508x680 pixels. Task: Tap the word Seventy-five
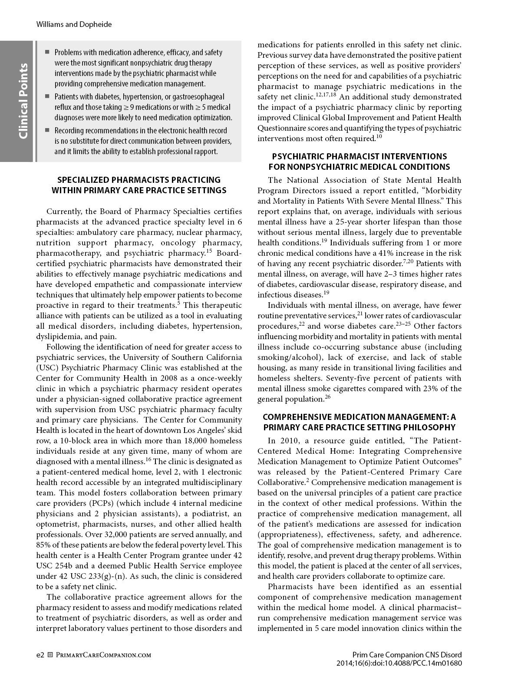tap(351, 378)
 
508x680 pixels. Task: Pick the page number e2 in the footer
tap(40, 655)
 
